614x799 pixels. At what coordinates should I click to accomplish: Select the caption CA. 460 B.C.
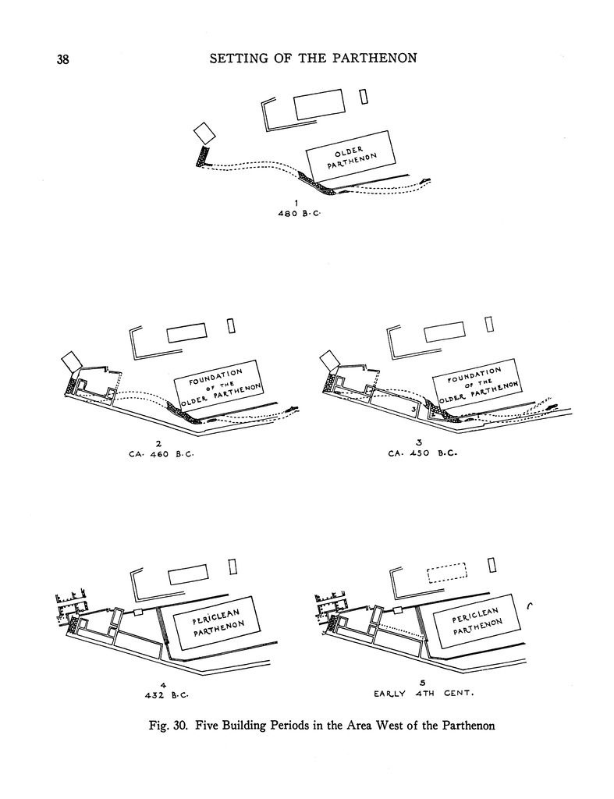[160, 453]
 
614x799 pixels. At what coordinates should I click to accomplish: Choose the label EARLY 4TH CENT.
[424, 693]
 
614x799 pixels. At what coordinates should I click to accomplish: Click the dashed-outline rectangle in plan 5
[447, 573]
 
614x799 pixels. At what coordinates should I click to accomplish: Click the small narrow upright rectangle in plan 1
[363, 96]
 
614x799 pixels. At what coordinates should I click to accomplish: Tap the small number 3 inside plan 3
[412, 409]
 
